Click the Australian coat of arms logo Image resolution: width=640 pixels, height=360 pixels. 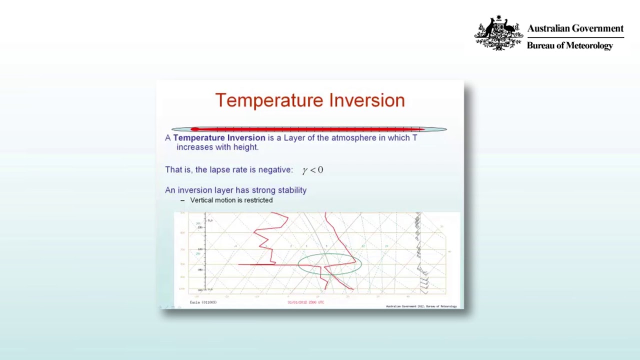(498, 33)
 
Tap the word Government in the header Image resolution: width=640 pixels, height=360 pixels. (595, 28)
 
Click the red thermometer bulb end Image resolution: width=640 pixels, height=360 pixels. (194, 129)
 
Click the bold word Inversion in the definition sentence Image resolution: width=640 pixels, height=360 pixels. (246, 137)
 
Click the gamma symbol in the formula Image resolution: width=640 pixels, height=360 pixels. (304, 170)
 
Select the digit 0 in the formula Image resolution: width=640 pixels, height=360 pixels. (320, 170)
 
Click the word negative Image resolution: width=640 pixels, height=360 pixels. (275, 170)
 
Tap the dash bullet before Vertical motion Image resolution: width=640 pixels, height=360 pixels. (182, 200)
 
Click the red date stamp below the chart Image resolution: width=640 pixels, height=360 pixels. (305, 302)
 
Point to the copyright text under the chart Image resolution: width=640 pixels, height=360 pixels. (421, 306)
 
